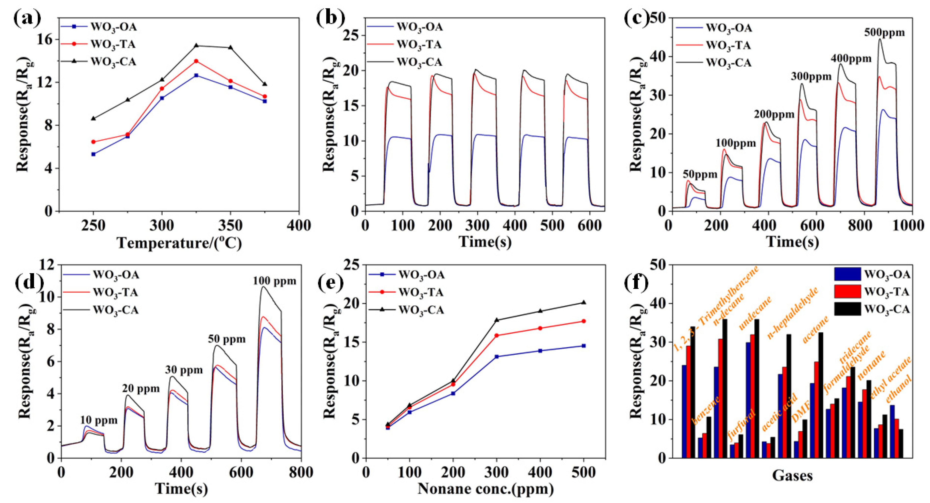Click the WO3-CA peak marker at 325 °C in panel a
[196, 45]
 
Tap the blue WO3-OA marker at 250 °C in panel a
[94, 154]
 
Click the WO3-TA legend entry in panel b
[419, 44]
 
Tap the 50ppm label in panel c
[700, 175]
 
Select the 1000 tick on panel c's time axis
[912, 225]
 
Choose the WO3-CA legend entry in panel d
[115, 310]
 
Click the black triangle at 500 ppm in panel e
[583, 302]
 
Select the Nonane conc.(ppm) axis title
[486, 489]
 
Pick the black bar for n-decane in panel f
[725, 388]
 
